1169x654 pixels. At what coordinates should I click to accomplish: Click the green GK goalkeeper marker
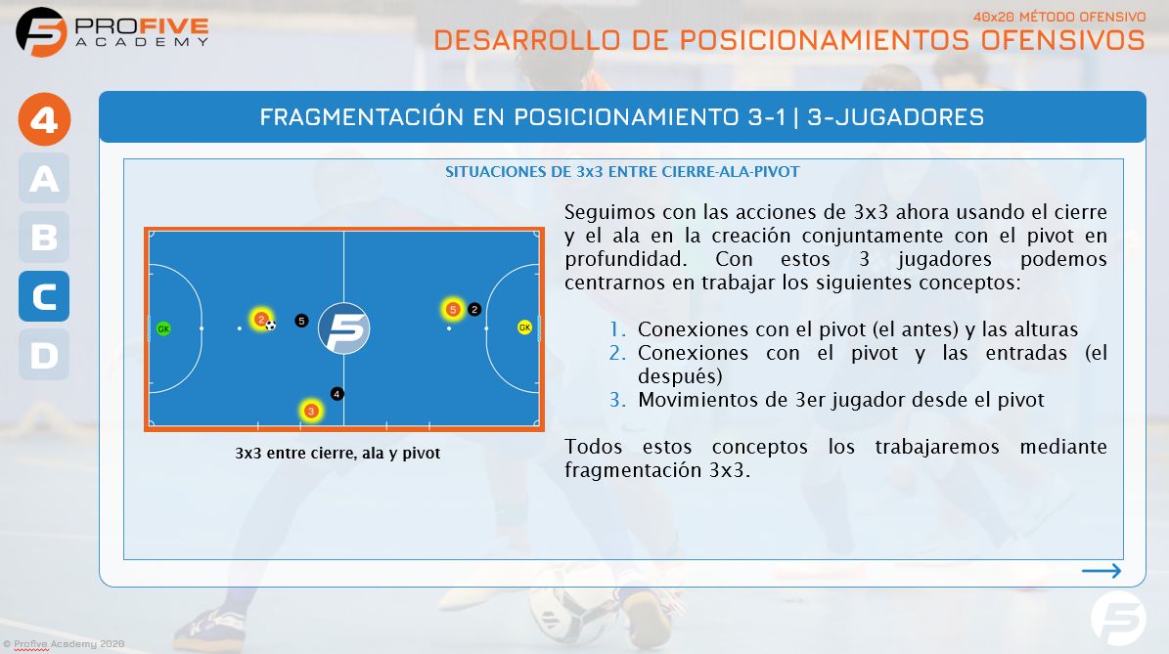pos(163,328)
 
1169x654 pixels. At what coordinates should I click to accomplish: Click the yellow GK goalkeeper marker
pos(524,327)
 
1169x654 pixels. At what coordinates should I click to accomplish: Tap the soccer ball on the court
pos(271,326)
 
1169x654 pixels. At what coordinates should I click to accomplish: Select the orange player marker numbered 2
pos(260,319)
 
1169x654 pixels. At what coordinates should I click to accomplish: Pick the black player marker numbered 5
pos(301,321)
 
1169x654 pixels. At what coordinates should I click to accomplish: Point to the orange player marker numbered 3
pos(311,411)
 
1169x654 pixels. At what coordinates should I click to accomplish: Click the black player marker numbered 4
pos(337,394)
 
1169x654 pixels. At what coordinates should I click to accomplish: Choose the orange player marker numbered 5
pos(452,310)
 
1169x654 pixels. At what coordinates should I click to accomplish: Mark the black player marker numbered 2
pos(474,310)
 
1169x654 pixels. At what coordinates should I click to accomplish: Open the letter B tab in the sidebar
pos(44,238)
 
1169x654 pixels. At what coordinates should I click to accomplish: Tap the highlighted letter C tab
pos(44,296)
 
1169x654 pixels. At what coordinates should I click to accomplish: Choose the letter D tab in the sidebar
pos(44,355)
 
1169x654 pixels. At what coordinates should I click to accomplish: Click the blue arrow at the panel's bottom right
pos(1102,571)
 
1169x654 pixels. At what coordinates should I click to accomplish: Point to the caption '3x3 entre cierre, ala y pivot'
pos(338,454)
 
